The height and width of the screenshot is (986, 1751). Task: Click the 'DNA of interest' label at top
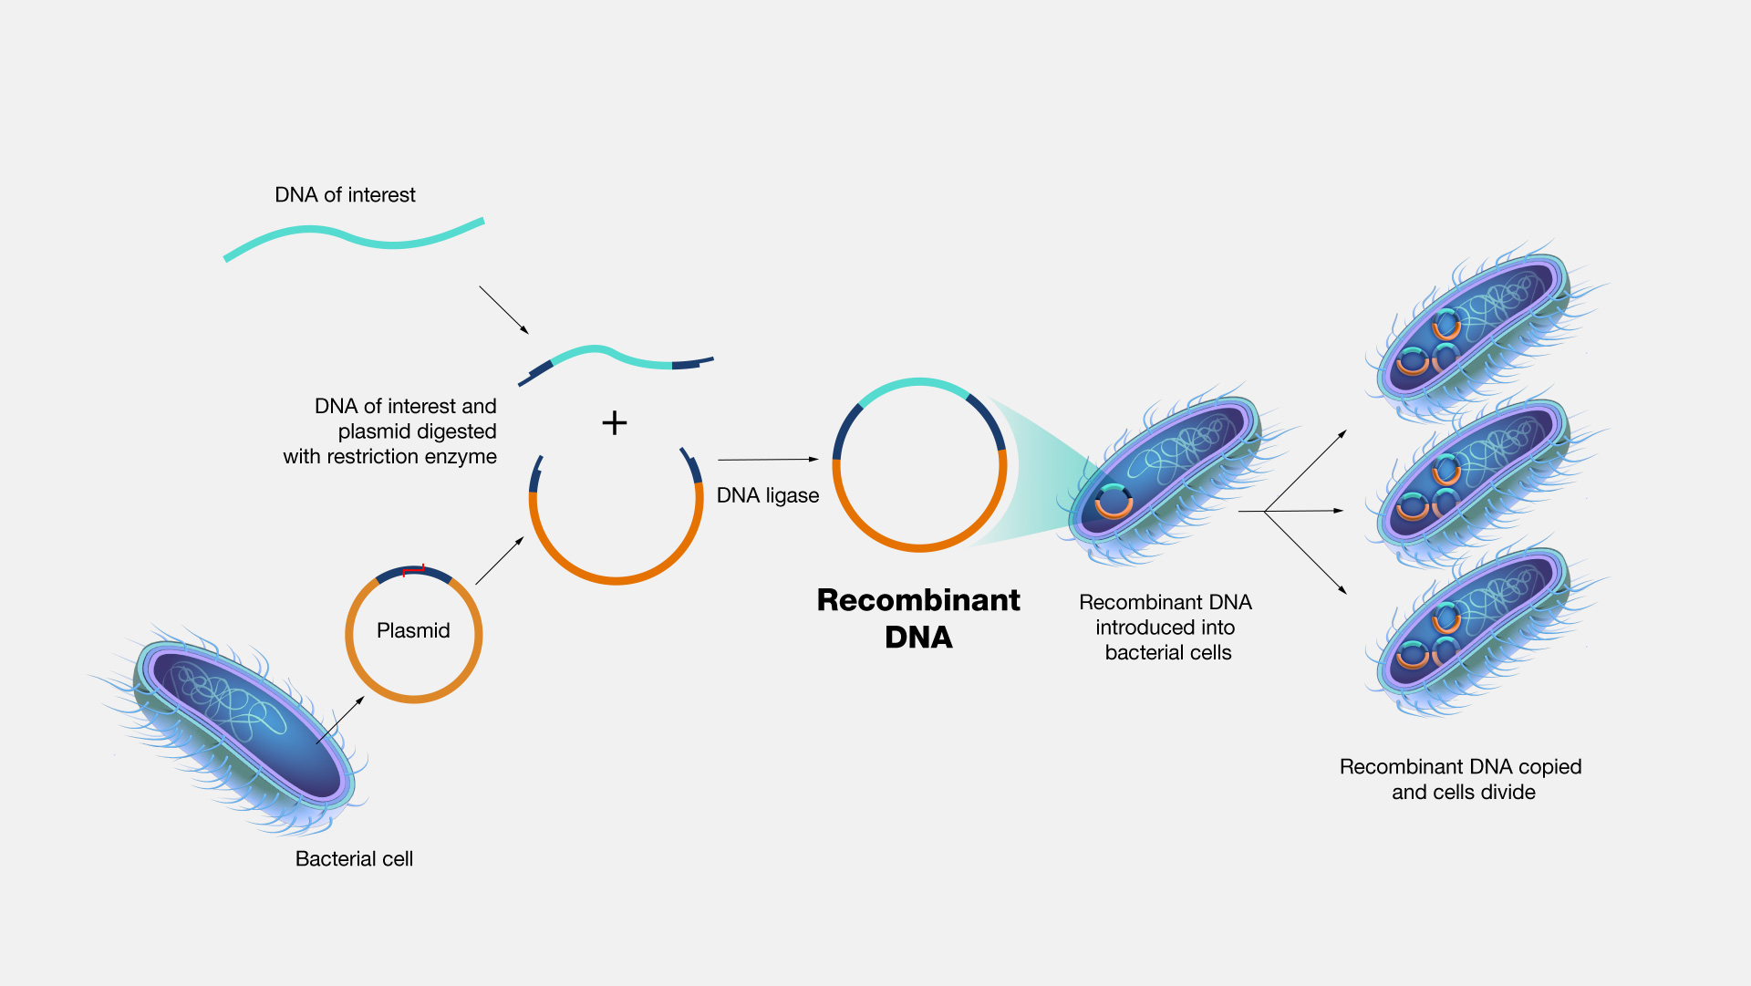pos(345,195)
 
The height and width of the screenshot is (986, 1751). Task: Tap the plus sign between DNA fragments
pos(615,422)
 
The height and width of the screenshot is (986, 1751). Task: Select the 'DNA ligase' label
pos(767,495)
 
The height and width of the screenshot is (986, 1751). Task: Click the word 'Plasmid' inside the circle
pos(413,630)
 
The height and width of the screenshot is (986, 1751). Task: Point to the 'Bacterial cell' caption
pos(354,858)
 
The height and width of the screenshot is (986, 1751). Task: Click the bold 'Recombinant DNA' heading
pos(918,618)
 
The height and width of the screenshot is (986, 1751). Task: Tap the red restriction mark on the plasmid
pos(414,570)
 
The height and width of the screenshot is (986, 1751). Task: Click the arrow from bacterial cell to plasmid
pos(340,721)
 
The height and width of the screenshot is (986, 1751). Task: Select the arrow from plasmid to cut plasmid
pos(500,560)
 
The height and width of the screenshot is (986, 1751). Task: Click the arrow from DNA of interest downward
pos(503,309)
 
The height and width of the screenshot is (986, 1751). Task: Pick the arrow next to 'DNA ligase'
pos(768,460)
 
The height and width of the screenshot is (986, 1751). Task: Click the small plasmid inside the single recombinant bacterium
pos(1114,502)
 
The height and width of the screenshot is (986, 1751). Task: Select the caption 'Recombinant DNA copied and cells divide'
pos(1461,779)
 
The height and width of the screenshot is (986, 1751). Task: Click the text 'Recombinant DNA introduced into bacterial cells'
pos(1166,628)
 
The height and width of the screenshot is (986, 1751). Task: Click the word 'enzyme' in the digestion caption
pos(462,456)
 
